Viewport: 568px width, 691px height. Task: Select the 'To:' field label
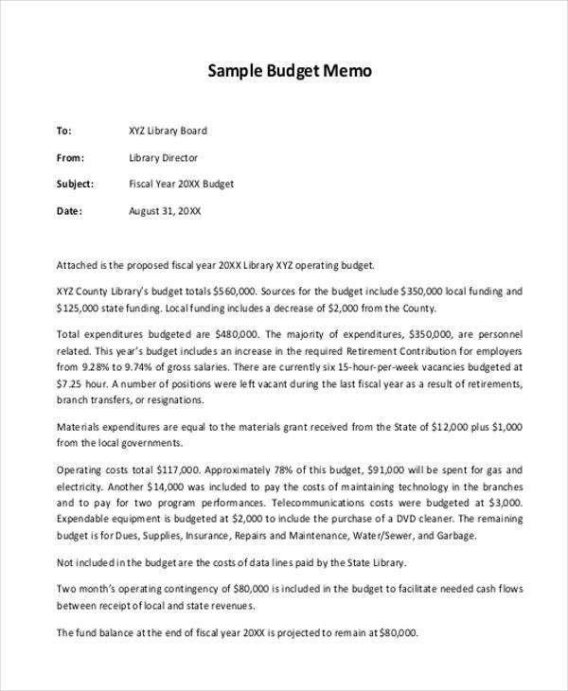64,132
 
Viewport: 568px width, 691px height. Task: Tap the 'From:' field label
71,158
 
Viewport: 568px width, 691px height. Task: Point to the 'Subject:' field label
76,185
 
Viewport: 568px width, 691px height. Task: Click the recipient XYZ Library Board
168,132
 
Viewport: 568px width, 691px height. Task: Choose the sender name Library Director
164,158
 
